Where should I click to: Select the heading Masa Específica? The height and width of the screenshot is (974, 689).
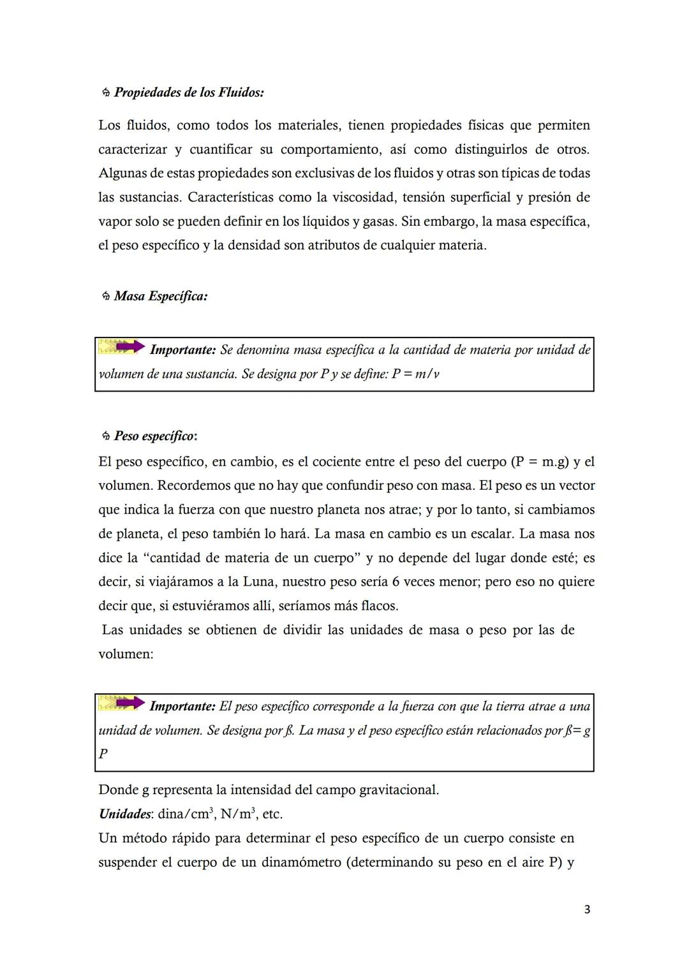click(161, 297)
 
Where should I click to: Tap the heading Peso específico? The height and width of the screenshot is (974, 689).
click(154, 436)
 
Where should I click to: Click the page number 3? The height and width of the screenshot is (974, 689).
click(587, 910)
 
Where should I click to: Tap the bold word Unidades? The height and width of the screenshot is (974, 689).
click(125, 815)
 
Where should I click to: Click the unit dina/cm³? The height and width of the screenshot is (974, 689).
click(186, 815)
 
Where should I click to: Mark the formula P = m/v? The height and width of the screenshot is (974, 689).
click(415, 374)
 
